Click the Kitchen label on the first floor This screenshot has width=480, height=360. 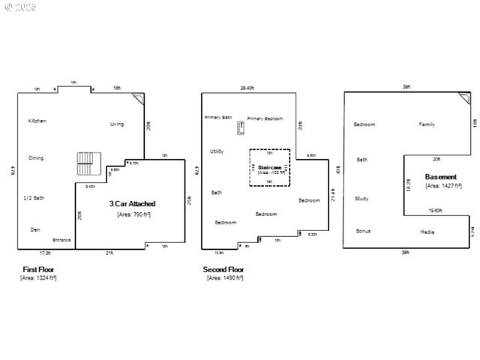coord(37,121)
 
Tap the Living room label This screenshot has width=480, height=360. coord(117,124)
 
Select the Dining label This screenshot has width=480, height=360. coord(36,158)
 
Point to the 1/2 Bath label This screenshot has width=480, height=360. coord(34,198)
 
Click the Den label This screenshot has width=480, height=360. coord(35,229)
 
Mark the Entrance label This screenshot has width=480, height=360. coord(61,240)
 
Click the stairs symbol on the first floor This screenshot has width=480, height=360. coord(88,163)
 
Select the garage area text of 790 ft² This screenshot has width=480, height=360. coord(133,214)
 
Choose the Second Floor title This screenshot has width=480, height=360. coord(223,269)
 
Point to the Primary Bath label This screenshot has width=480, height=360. coord(218,118)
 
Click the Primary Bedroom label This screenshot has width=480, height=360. coord(265,118)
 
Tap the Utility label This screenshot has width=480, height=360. coord(217,151)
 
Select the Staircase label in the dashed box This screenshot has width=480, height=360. coord(269,167)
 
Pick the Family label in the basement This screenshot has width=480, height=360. coord(427,124)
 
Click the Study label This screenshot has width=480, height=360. coord(361,199)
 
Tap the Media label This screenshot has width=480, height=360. coord(427,232)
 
